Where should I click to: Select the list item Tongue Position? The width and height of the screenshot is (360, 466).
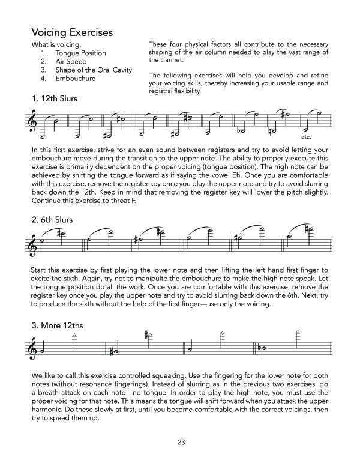pyautogui.click(x=80, y=53)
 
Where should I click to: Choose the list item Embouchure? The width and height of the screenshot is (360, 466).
pyautogui.click(x=76, y=79)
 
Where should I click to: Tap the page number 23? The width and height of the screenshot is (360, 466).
pyautogui.click(x=181, y=443)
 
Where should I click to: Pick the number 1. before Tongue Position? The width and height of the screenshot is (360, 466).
pyautogui.click(x=43, y=53)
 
